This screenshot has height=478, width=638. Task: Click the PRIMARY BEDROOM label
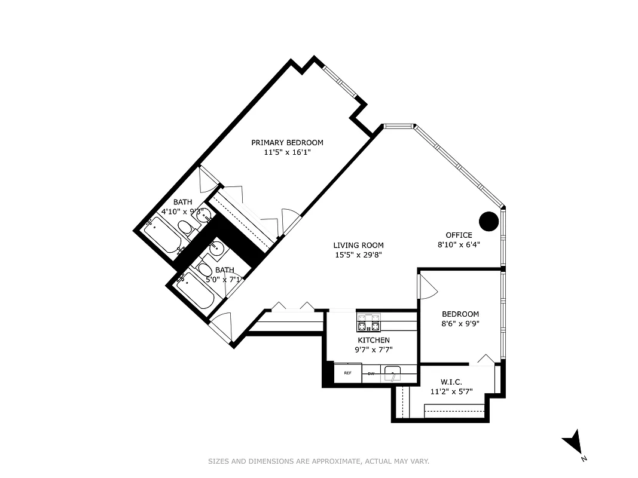tap(287, 142)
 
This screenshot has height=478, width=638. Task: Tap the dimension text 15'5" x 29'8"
tap(358, 255)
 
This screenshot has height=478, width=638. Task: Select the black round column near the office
tap(490, 221)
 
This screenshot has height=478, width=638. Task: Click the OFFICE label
tap(459, 235)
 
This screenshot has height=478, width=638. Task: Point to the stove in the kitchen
tap(369, 323)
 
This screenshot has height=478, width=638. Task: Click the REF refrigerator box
tap(347, 373)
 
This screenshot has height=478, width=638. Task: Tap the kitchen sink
tap(393, 374)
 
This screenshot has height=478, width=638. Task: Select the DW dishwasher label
tap(371, 373)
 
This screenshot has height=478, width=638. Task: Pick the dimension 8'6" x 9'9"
tap(460, 324)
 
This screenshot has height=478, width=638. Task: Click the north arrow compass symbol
tap(573, 443)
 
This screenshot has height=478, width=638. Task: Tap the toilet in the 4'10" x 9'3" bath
tap(186, 228)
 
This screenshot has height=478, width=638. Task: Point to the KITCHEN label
tap(374, 340)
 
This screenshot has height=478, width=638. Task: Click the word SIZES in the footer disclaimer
tap(219, 461)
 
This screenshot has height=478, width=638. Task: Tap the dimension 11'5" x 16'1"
tap(287, 152)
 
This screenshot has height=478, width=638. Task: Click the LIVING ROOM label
tap(358, 245)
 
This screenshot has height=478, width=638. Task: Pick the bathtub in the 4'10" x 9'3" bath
tap(161, 236)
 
